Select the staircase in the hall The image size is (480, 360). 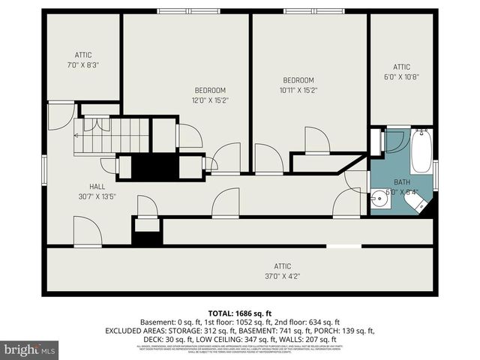point(112,136)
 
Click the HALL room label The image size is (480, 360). point(97,187)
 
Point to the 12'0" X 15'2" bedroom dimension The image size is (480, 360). point(210,100)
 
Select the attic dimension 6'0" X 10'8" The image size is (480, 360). point(401,76)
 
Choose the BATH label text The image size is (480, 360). point(402,182)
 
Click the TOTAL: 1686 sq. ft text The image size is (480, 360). point(239,313)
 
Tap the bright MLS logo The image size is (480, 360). point(29,349)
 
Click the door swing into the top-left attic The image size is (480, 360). point(60,115)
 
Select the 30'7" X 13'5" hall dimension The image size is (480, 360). point(97,196)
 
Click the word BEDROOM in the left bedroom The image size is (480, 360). point(209,90)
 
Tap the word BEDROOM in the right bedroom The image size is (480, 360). point(298,80)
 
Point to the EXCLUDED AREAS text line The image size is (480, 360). point(239,330)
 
